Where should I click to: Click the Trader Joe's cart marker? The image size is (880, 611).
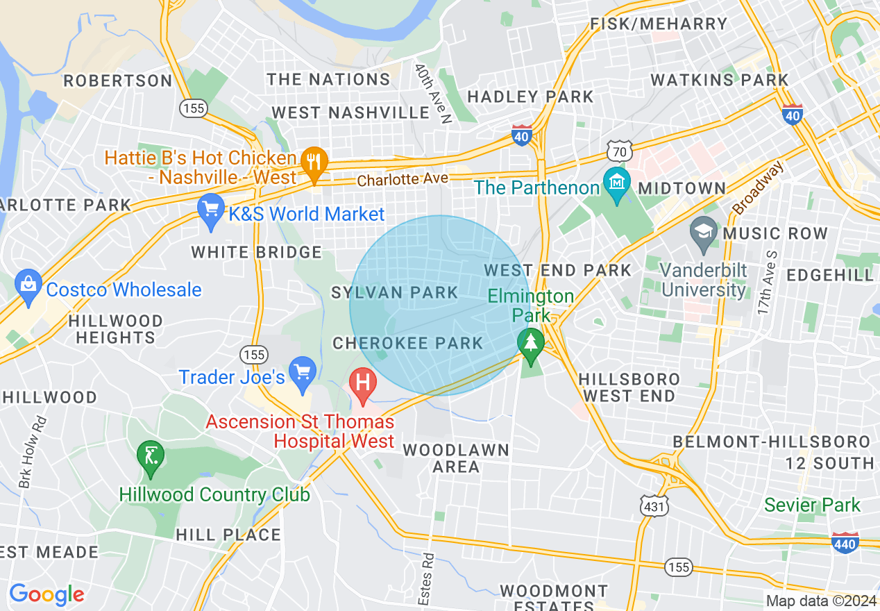point(302,371)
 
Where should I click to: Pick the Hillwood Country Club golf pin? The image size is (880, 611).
point(151,456)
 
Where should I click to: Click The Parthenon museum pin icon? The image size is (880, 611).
point(616,183)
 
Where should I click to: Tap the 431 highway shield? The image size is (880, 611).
point(654,506)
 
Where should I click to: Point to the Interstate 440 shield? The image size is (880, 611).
point(845,542)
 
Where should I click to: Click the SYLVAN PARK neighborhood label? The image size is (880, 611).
point(394,292)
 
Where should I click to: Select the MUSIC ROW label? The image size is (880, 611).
point(775,233)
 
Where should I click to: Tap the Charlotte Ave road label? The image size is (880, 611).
point(403,179)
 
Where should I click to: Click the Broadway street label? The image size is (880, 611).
point(758,187)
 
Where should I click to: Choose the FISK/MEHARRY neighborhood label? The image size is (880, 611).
point(659,24)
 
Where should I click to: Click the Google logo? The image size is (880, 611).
point(46,594)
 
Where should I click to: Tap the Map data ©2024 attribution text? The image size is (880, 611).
point(821,601)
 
